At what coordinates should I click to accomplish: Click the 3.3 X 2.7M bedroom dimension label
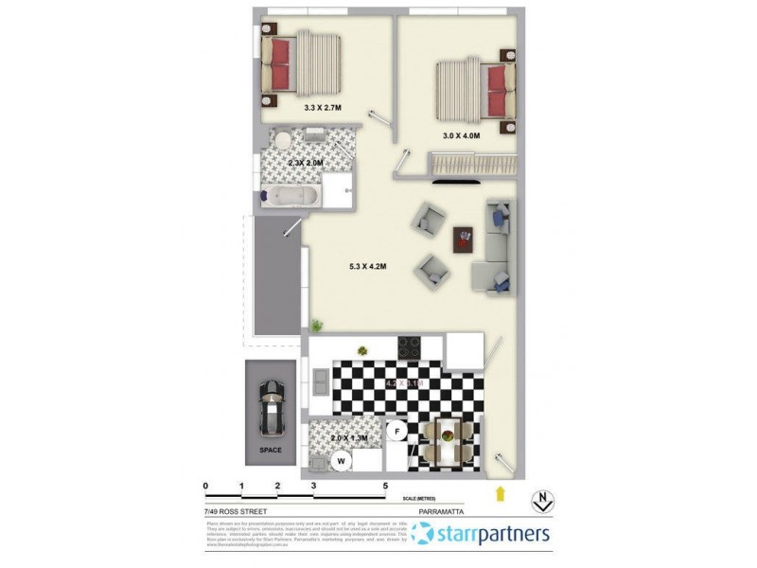(324, 108)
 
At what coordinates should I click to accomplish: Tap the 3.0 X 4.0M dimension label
(462, 136)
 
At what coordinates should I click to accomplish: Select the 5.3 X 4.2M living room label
(368, 267)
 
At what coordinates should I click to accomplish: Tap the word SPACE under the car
(271, 451)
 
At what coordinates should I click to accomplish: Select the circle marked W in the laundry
(340, 461)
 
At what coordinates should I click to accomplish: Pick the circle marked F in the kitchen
(398, 432)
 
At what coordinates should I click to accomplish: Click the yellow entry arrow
(501, 493)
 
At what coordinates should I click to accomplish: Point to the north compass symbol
(542, 499)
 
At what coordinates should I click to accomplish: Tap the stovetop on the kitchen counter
(410, 346)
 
